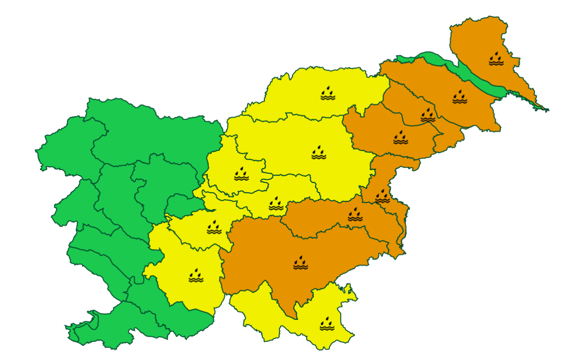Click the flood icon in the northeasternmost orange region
pos(496,59)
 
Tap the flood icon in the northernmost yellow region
pos(327,93)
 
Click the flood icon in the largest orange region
pos(300,263)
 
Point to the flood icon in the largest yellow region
pos(319,153)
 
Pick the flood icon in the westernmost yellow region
pos(196,275)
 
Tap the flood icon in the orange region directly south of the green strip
pos(460,97)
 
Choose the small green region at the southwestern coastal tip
pos(79,332)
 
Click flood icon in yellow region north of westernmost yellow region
pos(214,227)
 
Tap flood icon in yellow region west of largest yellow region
pos(241,174)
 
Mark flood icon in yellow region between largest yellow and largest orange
pos(276,204)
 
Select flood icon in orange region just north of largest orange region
pos(355,215)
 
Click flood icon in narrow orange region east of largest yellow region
pos(382,196)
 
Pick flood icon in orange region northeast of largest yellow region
pos(400,137)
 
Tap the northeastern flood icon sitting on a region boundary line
pos(428,115)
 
